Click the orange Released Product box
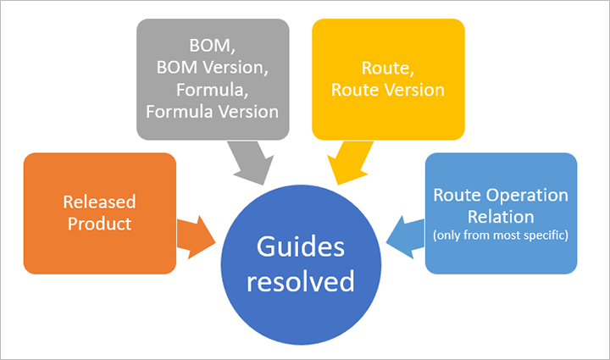pyautogui.click(x=100, y=213)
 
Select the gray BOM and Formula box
pyautogui.click(x=213, y=79)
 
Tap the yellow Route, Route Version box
pyautogui.click(x=388, y=79)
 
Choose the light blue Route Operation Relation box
pyautogui.click(x=501, y=213)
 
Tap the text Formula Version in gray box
pyautogui.click(x=213, y=110)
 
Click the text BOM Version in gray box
pyautogui.click(x=213, y=68)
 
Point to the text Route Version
pyautogui.click(x=388, y=89)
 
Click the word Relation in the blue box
pyautogui.click(x=501, y=216)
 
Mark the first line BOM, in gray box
pyautogui.click(x=213, y=47)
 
